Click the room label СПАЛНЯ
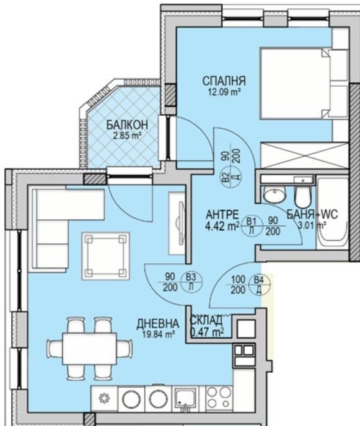pyautogui.click(x=224, y=81)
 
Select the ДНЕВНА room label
pyautogui.click(x=159, y=324)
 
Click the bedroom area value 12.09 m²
pyautogui.click(x=224, y=92)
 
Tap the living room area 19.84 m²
pyautogui.click(x=160, y=334)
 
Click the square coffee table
pyautogui.click(x=106, y=255)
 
